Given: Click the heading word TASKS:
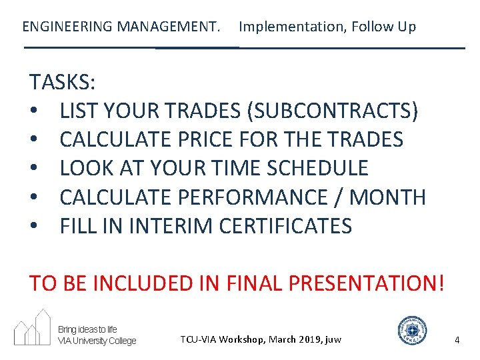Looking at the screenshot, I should pos(62,83).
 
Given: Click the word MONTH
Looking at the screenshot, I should pos(388,197).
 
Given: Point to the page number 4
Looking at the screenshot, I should pos(457,340).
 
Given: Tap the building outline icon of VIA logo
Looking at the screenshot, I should pos(33,327).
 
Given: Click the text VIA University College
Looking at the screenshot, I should pos(97,341).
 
